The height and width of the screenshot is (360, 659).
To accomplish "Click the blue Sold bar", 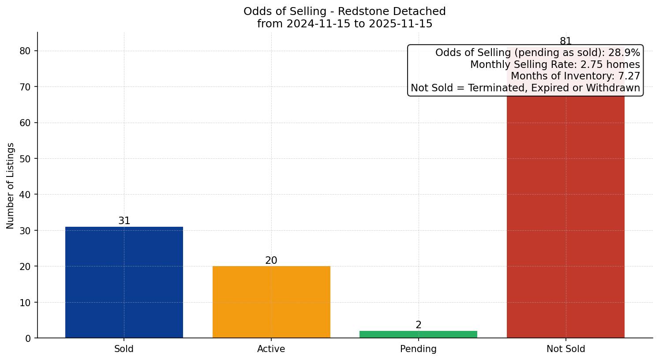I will (x=124, y=282).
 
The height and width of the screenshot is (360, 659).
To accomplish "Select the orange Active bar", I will (x=271, y=302).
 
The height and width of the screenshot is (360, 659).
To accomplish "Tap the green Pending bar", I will (x=418, y=334).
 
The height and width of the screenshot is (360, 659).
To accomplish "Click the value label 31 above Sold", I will (x=124, y=221).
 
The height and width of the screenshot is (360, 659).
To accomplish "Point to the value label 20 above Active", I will (x=271, y=260).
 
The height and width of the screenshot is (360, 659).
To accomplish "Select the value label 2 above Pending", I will (x=418, y=325).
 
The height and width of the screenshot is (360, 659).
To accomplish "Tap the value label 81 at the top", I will (x=565, y=41).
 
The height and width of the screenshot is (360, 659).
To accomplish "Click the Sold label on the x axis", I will (x=124, y=349).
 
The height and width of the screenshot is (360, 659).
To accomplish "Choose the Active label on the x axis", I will (x=271, y=349).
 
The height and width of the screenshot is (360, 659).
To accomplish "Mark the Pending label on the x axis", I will (x=418, y=349).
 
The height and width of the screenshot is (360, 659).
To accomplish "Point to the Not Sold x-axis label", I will (x=565, y=349).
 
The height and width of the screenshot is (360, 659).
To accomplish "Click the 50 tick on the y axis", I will (x=26, y=158).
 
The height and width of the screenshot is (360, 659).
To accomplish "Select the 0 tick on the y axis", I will (x=28, y=338).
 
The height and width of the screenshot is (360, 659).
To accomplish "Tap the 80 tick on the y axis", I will (x=26, y=51).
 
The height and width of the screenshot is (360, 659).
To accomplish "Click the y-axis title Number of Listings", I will (x=11, y=185).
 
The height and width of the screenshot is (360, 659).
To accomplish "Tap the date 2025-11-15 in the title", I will (x=401, y=24).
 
